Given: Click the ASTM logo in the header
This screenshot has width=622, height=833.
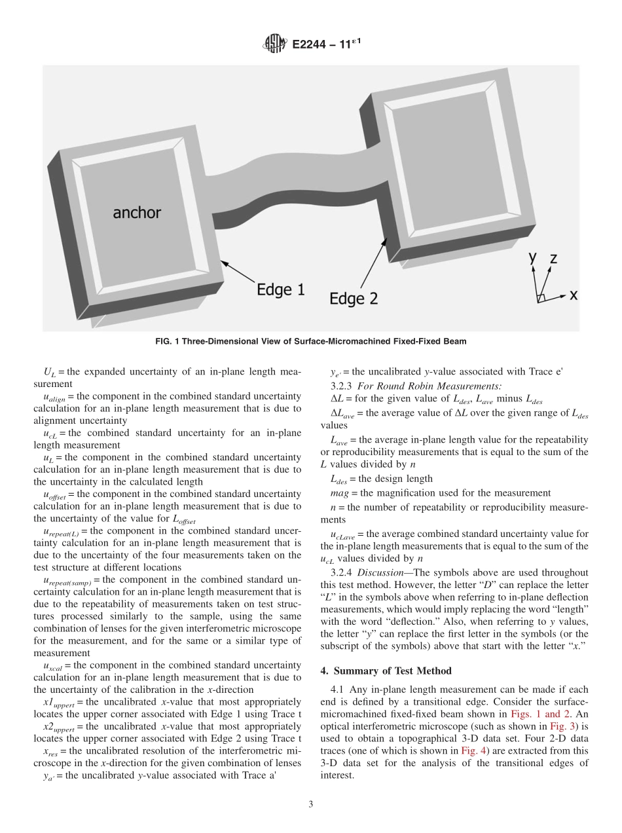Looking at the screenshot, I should pyautogui.click(x=274, y=45).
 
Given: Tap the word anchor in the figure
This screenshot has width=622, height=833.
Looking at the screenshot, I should pyautogui.click(x=137, y=212).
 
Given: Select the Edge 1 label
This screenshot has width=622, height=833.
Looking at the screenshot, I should pyautogui.click(x=280, y=289).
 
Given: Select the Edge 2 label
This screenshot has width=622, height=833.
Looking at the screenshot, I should pyautogui.click(x=354, y=299).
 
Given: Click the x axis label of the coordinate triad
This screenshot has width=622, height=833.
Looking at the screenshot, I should pyautogui.click(x=574, y=295).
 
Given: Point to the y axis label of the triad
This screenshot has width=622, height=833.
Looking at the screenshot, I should pyautogui.click(x=533, y=258).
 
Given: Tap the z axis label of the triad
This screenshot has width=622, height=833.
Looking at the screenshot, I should pyautogui.click(x=553, y=259).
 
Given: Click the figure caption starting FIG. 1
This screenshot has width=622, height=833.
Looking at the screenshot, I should pyautogui.click(x=311, y=341).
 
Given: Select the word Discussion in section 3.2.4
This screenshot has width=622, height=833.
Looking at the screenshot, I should pyautogui.click(x=380, y=572).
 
